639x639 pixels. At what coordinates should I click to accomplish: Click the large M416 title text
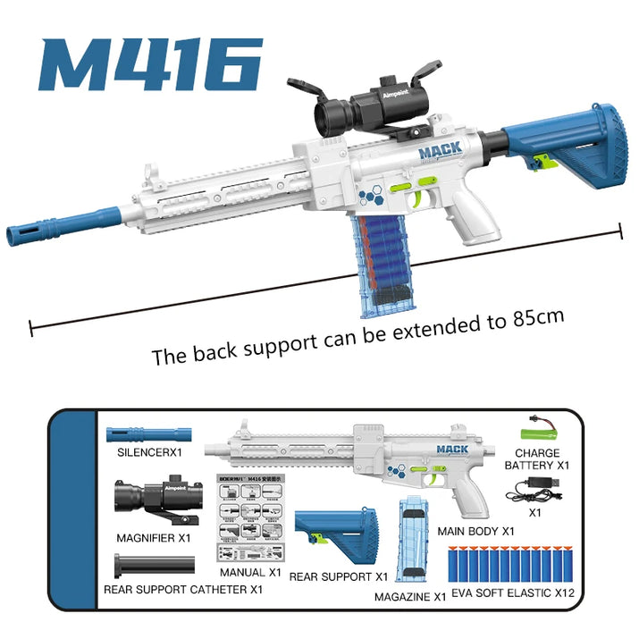(150, 64)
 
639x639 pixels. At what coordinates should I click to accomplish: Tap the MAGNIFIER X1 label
(153, 538)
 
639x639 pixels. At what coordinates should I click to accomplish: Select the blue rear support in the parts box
(333, 533)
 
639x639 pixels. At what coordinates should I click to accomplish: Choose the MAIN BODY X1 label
(475, 531)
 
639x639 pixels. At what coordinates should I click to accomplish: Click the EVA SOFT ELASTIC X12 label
(512, 592)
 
